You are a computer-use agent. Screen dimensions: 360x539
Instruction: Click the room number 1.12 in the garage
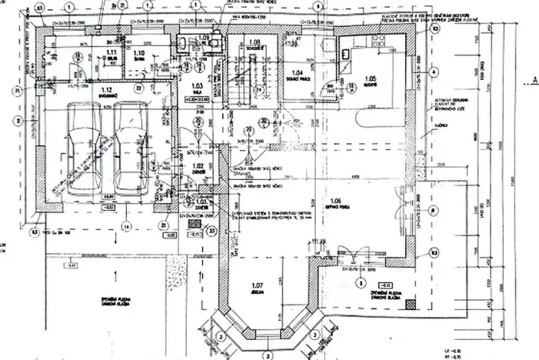pos(107,91)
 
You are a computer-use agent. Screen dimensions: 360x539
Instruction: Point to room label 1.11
pos(89,52)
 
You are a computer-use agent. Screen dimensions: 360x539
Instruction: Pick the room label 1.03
pos(196,85)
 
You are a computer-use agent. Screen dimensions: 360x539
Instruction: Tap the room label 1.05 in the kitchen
pos(371,78)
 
